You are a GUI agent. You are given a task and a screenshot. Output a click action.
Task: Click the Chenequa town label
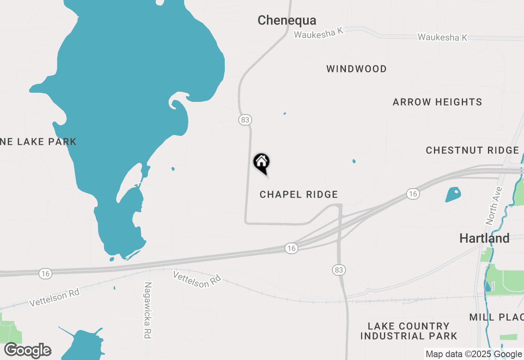287,20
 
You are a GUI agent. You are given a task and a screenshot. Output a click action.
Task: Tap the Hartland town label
484,238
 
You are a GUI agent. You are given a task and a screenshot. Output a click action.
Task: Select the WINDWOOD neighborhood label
357,69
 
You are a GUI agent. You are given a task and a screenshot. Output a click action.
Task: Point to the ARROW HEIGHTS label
437,102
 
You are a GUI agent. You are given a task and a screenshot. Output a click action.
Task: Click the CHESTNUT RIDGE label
472,150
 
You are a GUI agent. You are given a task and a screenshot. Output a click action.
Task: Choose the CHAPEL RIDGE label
299,194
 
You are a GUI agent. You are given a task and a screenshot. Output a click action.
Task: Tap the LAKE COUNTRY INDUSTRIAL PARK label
409,331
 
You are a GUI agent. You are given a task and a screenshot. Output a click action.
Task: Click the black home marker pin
262,163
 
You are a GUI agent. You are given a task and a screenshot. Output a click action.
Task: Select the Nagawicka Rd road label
148,310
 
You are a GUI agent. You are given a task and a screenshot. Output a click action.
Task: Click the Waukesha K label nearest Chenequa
318,33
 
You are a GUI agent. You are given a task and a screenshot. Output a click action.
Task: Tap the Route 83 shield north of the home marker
245,120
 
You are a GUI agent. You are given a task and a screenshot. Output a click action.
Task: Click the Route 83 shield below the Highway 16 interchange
339,270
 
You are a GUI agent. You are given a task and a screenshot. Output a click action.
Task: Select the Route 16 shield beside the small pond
413,194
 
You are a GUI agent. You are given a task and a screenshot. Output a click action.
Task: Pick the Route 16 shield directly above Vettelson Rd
291,248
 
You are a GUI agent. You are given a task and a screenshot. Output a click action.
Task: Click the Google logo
27,351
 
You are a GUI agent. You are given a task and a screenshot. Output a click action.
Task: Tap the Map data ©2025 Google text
474,354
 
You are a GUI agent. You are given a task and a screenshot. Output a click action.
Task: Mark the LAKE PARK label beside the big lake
38,142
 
